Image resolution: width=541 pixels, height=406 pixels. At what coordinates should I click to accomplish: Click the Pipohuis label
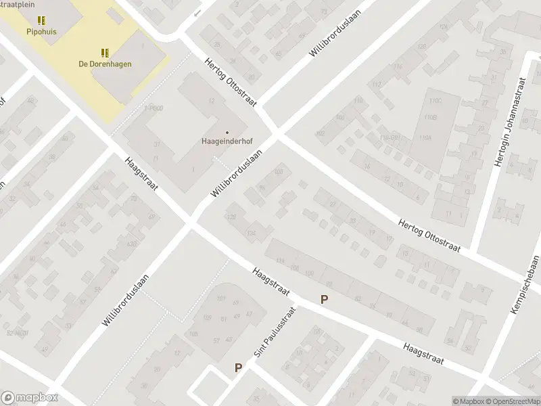[x=42, y=31]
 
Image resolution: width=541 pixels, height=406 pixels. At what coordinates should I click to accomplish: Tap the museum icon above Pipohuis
[x=42, y=21]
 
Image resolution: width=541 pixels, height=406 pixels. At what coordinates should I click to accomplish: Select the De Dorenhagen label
[x=104, y=64]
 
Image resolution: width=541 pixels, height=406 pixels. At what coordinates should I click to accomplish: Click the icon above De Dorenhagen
[x=105, y=53]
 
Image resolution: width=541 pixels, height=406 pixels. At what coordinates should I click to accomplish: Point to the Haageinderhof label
[x=227, y=143]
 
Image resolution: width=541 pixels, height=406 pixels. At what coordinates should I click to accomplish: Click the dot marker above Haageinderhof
[x=227, y=133]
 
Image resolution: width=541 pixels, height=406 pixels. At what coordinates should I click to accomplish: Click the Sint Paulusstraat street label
[x=266, y=337]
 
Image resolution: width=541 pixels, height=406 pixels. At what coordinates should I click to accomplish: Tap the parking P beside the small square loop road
[x=238, y=368]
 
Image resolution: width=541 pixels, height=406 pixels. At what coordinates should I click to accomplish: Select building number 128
[x=232, y=217]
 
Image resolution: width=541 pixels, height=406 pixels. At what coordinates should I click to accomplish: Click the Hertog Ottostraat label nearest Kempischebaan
[x=429, y=235]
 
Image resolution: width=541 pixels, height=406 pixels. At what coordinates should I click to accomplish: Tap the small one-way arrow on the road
[x=197, y=14]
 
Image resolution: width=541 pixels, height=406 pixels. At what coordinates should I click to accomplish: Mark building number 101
[x=220, y=298]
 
